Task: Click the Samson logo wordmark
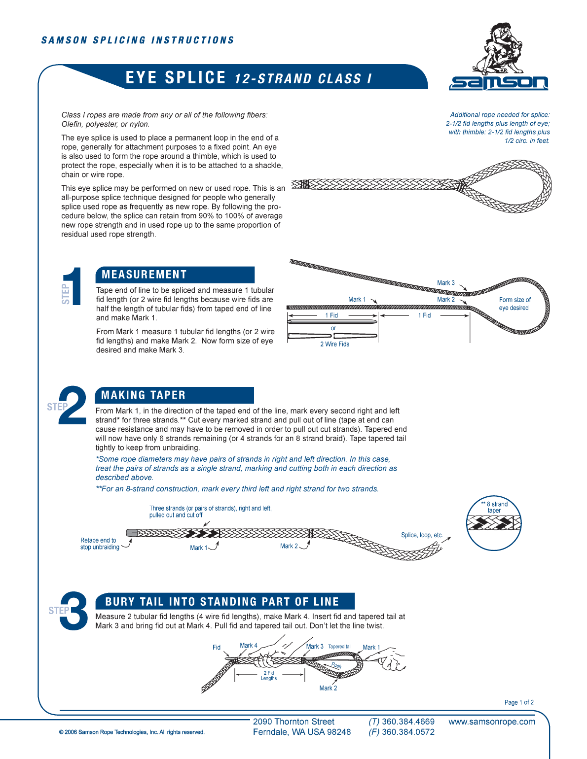click(x=498, y=83)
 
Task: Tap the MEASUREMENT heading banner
click(x=175, y=275)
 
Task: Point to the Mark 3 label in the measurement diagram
click(x=446, y=283)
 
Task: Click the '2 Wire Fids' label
click(x=334, y=344)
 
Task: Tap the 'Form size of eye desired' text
click(x=514, y=304)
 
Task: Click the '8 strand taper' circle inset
click(x=494, y=523)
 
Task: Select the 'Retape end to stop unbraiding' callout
click(x=100, y=544)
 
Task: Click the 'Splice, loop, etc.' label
click(x=422, y=535)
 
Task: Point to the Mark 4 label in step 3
click(x=248, y=645)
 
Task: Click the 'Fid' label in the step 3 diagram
click(x=217, y=647)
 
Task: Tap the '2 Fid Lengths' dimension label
click(x=269, y=675)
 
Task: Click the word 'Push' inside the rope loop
click(x=336, y=665)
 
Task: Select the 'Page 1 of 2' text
click(x=519, y=702)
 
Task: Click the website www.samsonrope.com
click(x=491, y=722)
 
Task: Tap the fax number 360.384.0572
click(x=408, y=732)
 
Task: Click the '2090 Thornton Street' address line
click(x=293, y=722)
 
